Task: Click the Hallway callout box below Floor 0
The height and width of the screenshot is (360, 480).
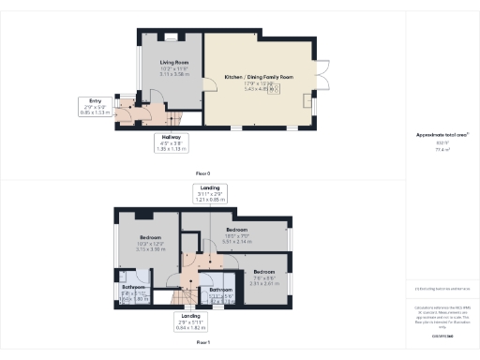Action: [171, 142]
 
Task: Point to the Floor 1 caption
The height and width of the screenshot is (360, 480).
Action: [202, 344]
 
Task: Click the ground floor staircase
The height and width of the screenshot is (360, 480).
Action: [175, 116]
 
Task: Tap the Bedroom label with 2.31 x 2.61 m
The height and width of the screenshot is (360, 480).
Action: [263, 274]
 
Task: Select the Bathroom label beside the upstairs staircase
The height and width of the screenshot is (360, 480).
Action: [221, 293]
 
